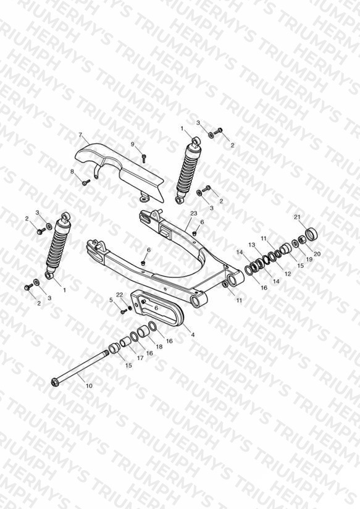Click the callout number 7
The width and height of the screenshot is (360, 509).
[80, 135]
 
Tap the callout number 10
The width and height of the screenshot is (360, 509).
[89, 385]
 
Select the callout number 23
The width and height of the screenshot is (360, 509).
[193, 214]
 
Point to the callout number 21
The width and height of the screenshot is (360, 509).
[298, 217]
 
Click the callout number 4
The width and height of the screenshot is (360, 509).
[193, 335]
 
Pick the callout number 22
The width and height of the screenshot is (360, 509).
[119, 295]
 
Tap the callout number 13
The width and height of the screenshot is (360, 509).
[252, 245]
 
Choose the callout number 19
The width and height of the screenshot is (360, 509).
[309, 259]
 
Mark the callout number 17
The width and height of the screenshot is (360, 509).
[140, 358]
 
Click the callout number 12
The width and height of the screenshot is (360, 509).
[288, 274]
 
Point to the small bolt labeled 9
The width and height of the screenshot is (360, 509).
[144, 158]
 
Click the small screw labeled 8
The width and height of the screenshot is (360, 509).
[86, 183]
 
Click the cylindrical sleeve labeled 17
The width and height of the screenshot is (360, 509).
[125, 343]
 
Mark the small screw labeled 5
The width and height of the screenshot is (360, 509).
[123, 311]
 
